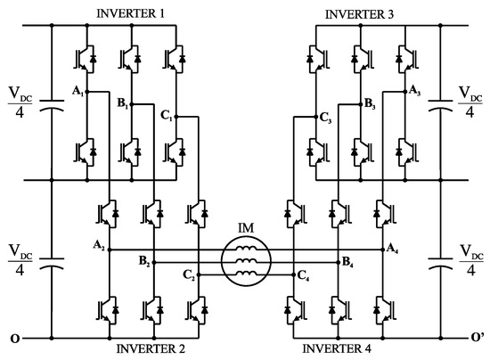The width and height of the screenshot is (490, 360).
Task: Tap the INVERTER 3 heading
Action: [361, 11]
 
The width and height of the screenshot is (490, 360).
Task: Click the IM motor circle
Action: [244, 264]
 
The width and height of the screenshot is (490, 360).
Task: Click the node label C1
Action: [167, 116]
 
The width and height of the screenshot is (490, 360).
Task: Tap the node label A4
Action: [393, 249]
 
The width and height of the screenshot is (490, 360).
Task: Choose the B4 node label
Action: [348, 262]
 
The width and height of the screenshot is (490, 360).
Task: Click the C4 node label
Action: [304, 275]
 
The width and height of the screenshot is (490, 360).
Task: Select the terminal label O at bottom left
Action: [12, 339]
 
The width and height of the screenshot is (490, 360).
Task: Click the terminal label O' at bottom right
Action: [478, 339]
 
